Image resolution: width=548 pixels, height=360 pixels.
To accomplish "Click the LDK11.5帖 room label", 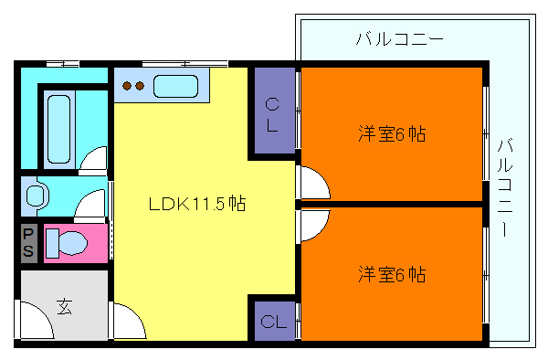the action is click(x=196, y=203).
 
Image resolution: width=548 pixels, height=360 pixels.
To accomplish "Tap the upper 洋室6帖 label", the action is click(x=392, y=134).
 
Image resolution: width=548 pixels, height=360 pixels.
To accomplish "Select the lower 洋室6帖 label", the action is click(x=392, y=273).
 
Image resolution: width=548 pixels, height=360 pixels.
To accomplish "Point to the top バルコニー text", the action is click(x=399, y=40).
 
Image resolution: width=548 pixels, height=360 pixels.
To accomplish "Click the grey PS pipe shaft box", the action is click(x=29, y=241).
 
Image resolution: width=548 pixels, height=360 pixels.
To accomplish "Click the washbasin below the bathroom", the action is click(x=36, y=196).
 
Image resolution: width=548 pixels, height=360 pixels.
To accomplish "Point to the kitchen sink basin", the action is click(x=177, y=88).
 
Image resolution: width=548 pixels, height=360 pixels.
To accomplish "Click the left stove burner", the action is click(x=128, y=89).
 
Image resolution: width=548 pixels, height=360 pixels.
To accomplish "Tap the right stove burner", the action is click(x=141, y=89).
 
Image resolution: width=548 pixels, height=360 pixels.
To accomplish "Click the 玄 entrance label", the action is click(x=65, y=305).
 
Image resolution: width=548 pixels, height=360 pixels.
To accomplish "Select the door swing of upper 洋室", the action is click(x=312, y=182).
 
